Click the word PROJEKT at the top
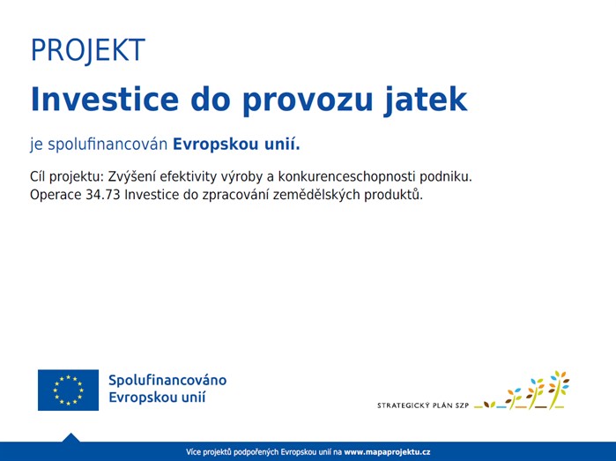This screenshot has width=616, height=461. [x=87, y=50]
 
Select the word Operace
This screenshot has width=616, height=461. [x=56, y=195]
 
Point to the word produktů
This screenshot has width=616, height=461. [x=396, y=195]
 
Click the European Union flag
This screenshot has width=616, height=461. [x=68, y=390]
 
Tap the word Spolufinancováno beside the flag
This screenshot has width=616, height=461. [x=167, y=380]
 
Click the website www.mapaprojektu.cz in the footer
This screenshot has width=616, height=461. [x=387, y=452]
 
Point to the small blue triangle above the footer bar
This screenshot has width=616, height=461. [x=71, y=437]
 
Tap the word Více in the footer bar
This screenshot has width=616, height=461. [x=194, y=452]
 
